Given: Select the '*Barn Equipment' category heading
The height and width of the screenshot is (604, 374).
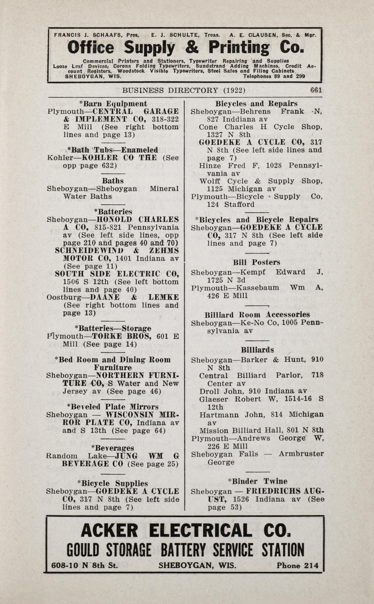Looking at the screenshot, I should [113, 104].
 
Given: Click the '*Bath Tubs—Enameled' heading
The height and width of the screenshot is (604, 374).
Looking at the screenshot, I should [113, 150].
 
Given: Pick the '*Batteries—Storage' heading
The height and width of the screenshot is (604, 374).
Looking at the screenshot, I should [113, 328].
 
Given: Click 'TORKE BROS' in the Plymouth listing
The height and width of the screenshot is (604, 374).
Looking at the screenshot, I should [127, 336].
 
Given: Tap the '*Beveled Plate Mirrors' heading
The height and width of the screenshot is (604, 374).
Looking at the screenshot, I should [113, 407].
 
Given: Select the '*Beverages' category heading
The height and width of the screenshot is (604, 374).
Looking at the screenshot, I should [113, 448].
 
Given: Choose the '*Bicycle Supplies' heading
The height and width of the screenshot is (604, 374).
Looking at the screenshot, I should [113, 484].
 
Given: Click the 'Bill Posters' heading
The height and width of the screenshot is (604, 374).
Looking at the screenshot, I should [257, 262].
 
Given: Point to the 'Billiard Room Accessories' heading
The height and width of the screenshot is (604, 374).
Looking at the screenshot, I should [257, 314].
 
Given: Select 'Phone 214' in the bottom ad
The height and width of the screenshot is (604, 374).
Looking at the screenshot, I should [297, 565].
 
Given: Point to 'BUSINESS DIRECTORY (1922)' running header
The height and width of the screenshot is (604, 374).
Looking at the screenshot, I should [183, 90].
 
